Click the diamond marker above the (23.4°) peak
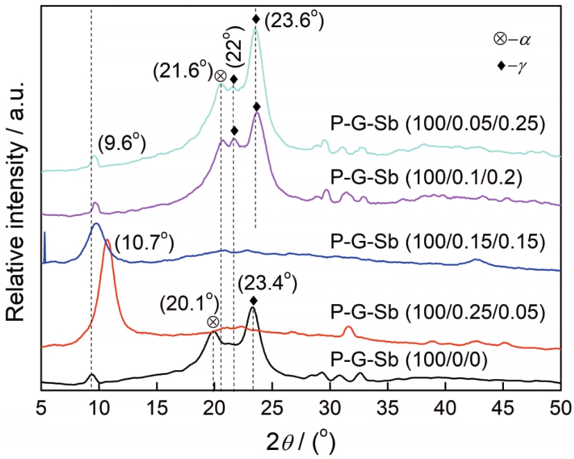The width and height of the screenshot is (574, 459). coord(253,300)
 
